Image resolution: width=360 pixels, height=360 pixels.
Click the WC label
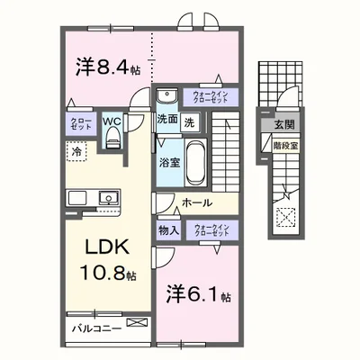pos(112,118)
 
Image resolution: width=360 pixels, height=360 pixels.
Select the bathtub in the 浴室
pos(195,162)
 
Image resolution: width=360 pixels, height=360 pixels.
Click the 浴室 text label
pos(169,163)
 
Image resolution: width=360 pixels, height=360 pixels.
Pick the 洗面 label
pos(167,121)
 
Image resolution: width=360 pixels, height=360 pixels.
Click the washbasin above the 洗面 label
pos(167,97)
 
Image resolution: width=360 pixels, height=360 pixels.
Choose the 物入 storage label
pos(168,230)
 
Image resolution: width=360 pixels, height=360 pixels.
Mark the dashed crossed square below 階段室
pos(285,216)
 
